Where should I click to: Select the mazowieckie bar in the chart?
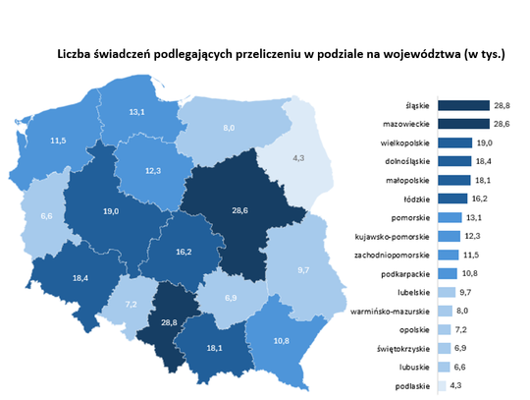[x=462, y=125]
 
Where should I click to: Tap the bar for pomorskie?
[x=450, y=217]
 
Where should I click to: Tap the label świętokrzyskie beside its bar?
[x=404, y=349]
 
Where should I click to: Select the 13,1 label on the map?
[x=143, y=111]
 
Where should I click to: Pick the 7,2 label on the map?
[x=131, y=306]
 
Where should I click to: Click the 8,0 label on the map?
[x=228, y=128]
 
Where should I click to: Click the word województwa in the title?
[x=421, y=56]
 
